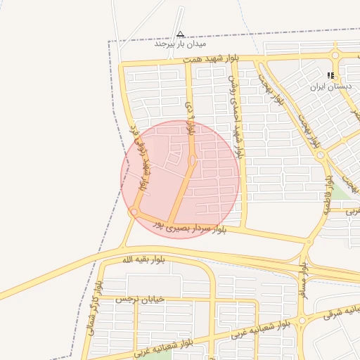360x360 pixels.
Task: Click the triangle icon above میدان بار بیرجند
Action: click(181, 34)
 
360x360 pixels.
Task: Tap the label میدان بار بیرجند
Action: click(173, 44)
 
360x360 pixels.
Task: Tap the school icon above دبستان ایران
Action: click(330, 76)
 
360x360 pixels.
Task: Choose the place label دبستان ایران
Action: click(330, 87)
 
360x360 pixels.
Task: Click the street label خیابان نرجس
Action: click(143, 299)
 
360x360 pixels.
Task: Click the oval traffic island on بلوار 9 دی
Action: click(192, 160)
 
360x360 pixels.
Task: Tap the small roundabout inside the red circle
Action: click(134, 212)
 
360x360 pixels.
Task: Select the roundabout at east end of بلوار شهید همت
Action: click(336, 56)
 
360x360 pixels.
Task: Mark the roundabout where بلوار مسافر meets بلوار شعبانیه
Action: click(302, 321)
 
